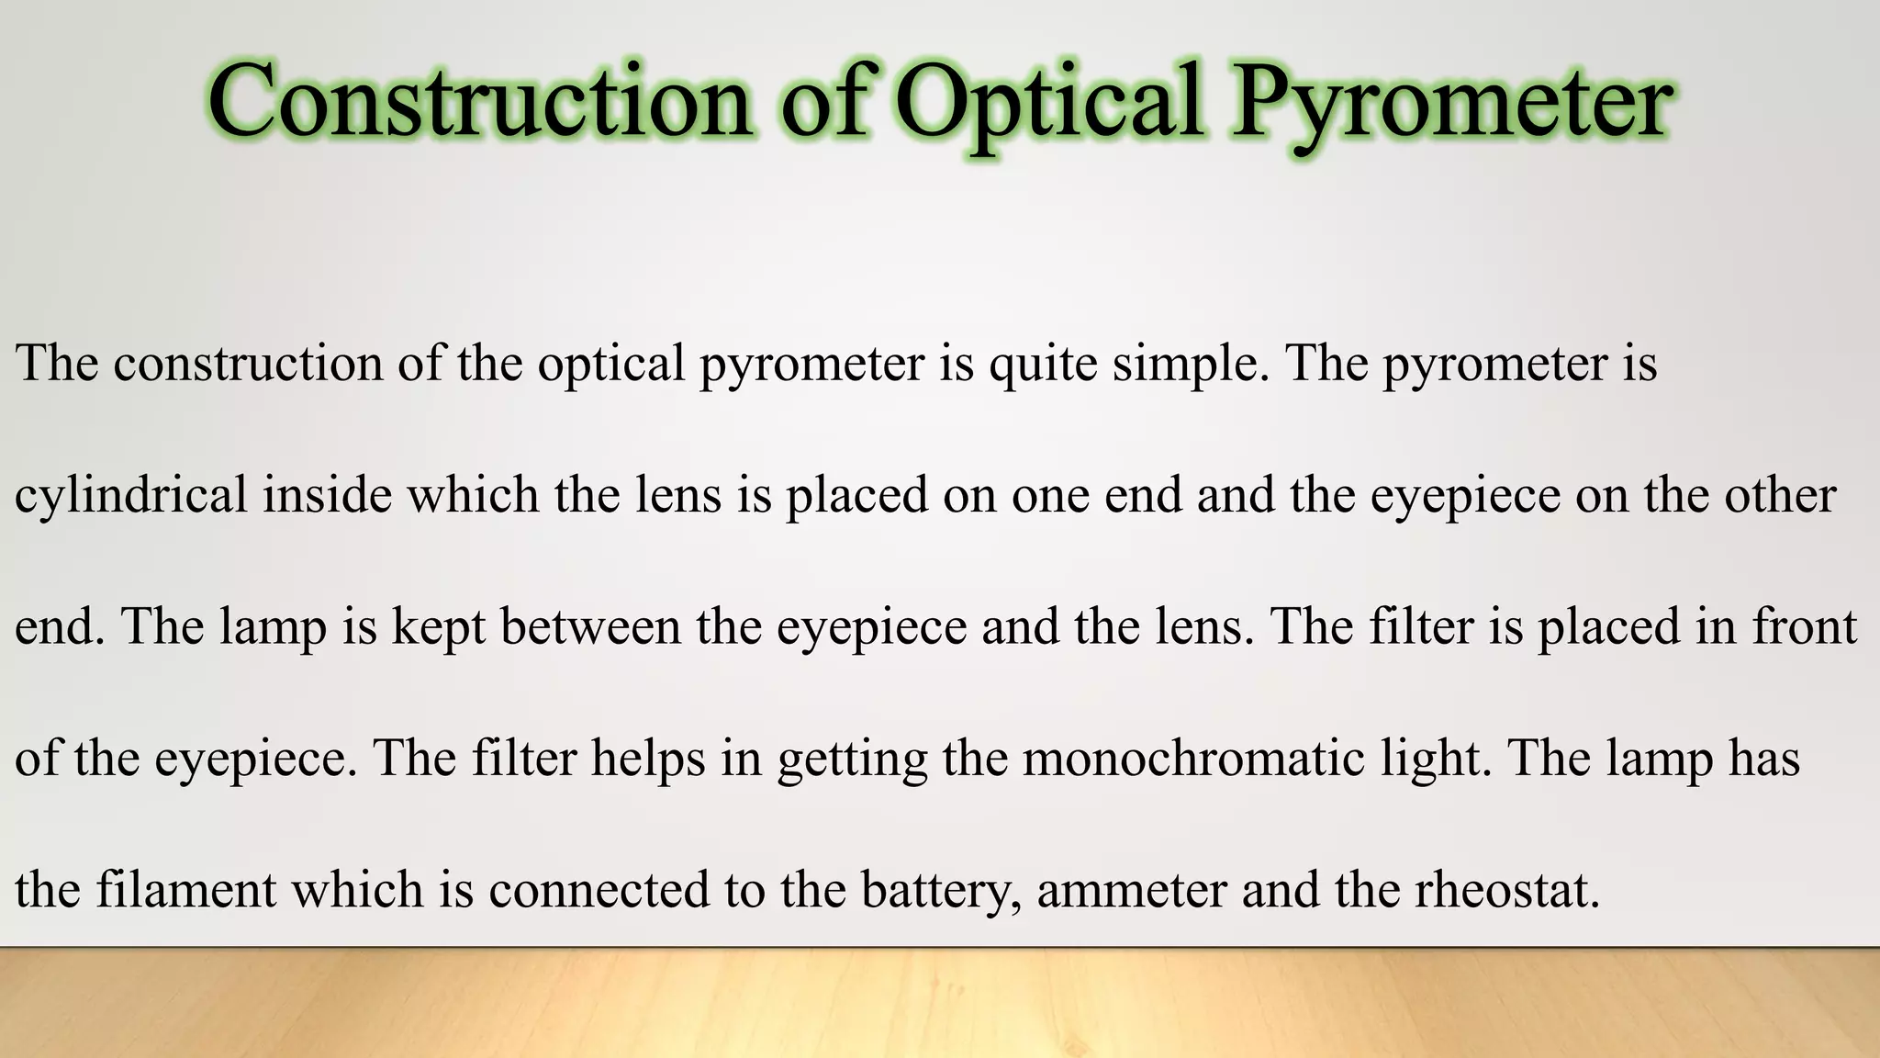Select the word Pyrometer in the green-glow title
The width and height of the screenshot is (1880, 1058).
coord(1451,103)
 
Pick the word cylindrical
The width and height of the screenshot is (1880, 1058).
coord(131,496)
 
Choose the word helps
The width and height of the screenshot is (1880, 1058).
coord(648,760)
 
